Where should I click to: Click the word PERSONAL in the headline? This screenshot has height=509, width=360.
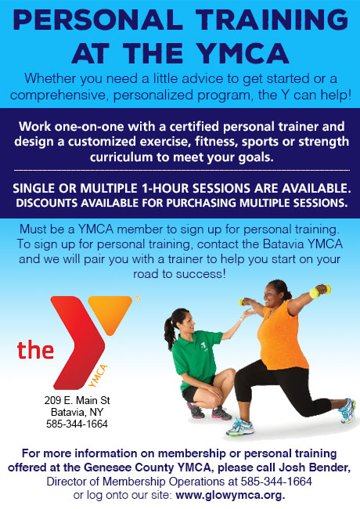tap(98, 20)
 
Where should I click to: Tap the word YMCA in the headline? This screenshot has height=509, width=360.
tap(243, 53)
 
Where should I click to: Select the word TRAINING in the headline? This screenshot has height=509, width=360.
tap(272, 20)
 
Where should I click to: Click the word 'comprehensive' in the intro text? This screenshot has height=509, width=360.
tap(59, 96)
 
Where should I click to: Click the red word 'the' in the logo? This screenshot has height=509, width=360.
tap(35, 350)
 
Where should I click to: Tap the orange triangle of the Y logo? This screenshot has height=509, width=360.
tap(110, 312)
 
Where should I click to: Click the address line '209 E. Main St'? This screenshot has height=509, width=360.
tap(77, 400)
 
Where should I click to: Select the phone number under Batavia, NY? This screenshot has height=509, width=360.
tap(77, 424)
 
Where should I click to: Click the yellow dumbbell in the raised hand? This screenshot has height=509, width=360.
tap(320, 291)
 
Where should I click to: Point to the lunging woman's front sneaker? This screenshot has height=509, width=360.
tap(240, 426)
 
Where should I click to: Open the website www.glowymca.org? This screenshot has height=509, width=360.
tap(230, 496)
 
